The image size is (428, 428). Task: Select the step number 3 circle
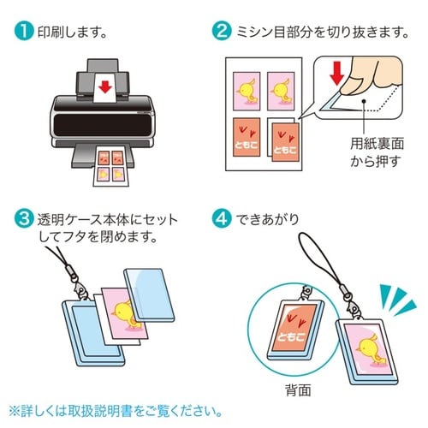click(23, 213)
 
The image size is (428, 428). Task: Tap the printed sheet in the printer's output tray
click(108, 162)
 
